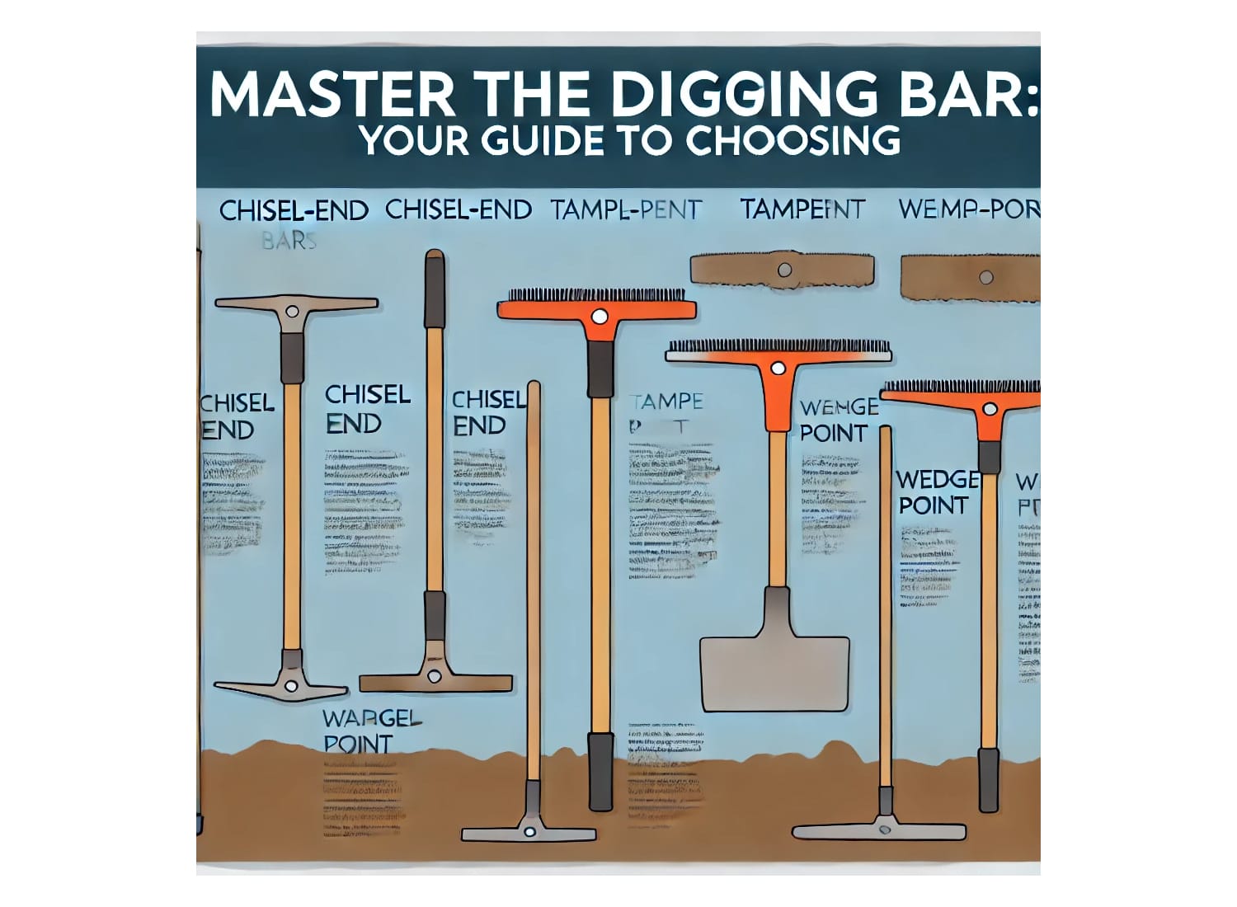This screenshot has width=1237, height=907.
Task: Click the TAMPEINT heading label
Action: pos(802,209)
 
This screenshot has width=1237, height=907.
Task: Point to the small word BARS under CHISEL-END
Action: pos(289,242)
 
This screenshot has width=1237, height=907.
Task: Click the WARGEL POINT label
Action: pos(370,731)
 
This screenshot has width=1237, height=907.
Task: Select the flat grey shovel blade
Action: pos(774,672)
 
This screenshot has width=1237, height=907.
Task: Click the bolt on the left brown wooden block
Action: pos(784,270)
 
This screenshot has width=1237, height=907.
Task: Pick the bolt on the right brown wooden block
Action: pos(985,277)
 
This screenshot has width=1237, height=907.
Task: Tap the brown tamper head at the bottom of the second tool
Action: pos(435,682)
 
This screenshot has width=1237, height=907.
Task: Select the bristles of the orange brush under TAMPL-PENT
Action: pos(595,295)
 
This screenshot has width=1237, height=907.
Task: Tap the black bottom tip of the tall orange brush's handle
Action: pos(600,762)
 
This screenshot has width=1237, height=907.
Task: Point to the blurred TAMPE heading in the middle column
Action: pos(666,402)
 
